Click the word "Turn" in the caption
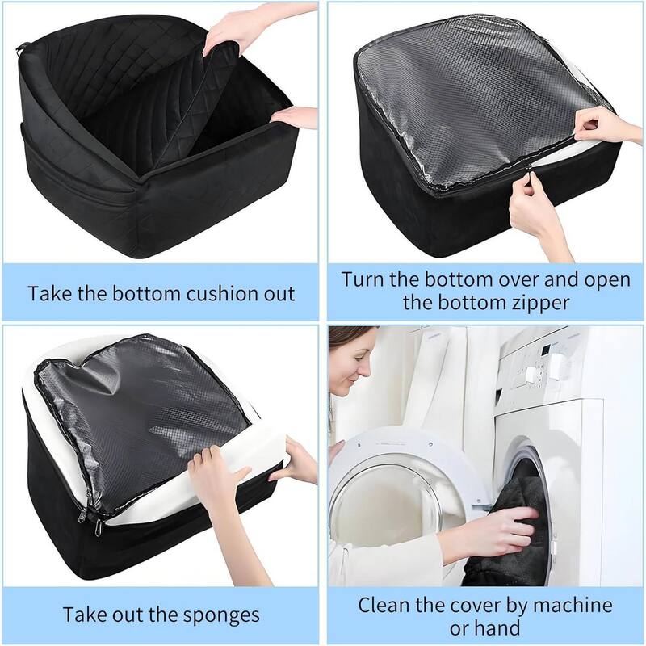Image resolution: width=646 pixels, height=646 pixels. click(x=367, y=279)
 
